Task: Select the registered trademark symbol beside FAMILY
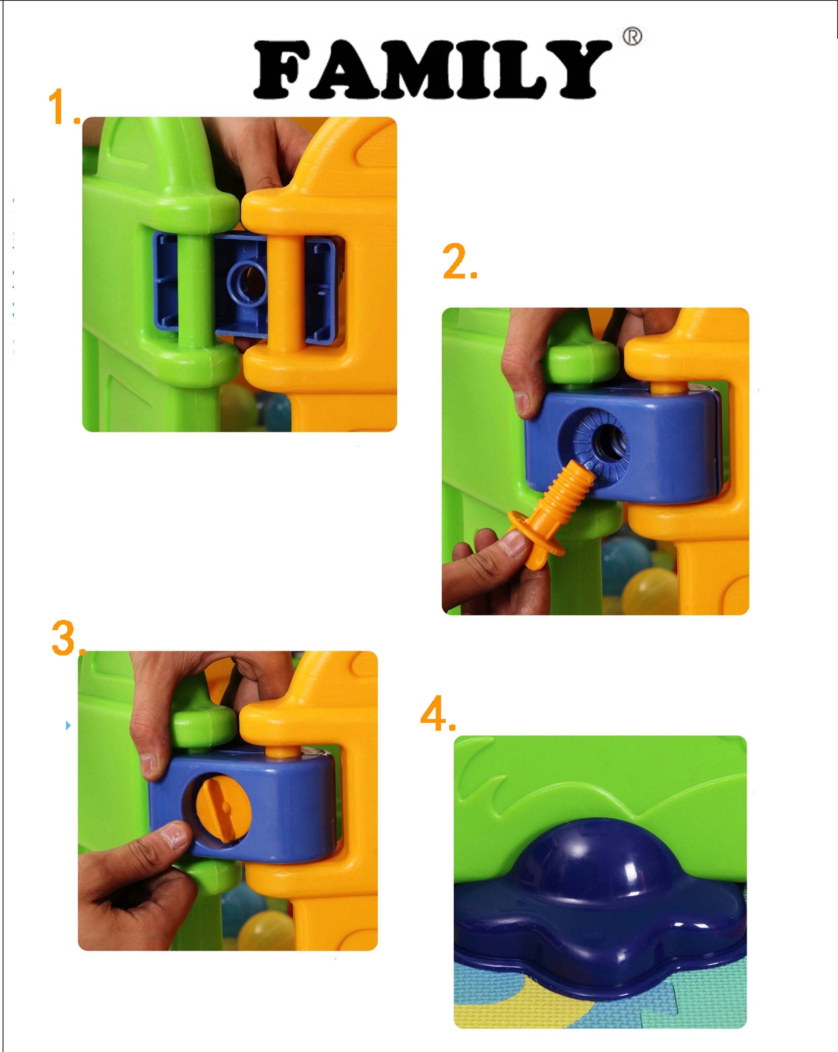coord(632,36)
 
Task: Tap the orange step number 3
coord(68,638)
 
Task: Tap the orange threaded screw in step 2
coord(549,517)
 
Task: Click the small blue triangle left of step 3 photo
coord(68,726)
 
